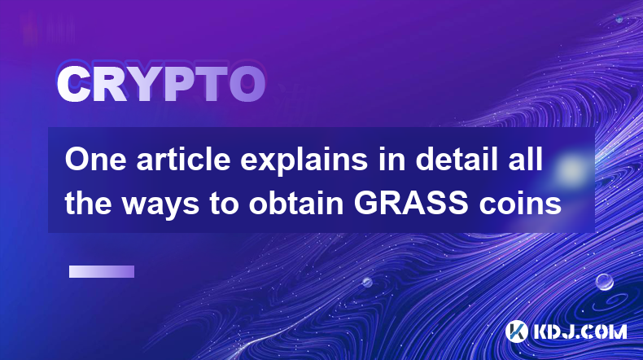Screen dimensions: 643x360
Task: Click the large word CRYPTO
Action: pyautogui.click(x=161, y=84)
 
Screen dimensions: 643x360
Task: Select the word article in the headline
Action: pyautogui.click(x=183, y=160)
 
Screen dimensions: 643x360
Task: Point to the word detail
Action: pyautogui.click(x=453, y=160)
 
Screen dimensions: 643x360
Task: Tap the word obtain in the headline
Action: pyautogui.click(x=296, y=203)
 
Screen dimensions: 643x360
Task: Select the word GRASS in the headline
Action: pyautogui.click(x=411, y=203)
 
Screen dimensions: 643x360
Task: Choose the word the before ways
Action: pyautogui.click(x=88, y=203)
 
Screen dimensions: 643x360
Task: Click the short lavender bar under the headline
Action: pyautogui.click(x=102, y=272)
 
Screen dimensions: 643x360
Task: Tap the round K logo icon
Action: pyautogui.click(x=516, y=331)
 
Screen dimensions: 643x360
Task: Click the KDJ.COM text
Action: pyautogui.click(x=580, y=331)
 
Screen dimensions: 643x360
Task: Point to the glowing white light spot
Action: pyautogui.click(x=571, y=169)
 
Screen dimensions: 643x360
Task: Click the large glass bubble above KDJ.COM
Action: pyautogui.click(x=604, y=282)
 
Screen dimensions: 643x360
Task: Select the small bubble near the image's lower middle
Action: pyautogui.click(x=366, y=282)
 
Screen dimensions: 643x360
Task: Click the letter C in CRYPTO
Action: pyautogui.click(x=73, y=84)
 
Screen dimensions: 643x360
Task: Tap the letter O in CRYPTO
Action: pyautogui.click(x=247, y=84)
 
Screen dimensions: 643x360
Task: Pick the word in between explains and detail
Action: pyautogui.click(x=391, y=160)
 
